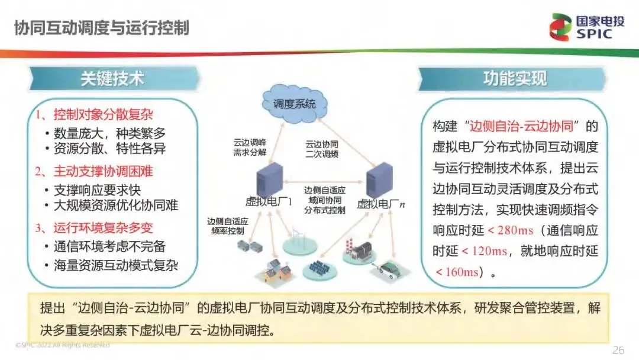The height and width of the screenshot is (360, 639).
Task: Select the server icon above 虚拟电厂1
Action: pyautogui.click(x=270, y=181)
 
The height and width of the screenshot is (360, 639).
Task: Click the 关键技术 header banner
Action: pyautogui.click(x=112, y=79)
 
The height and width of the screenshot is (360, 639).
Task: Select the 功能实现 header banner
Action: pyautogui.click(x=514, y=79)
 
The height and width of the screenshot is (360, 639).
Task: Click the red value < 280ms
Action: pyautogui.click(x=511, y=230)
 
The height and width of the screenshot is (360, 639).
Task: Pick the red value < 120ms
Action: pyautogui.click(x=485, y=250)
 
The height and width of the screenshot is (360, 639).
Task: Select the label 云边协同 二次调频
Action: pyautogui.click(x=321, y=148)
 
